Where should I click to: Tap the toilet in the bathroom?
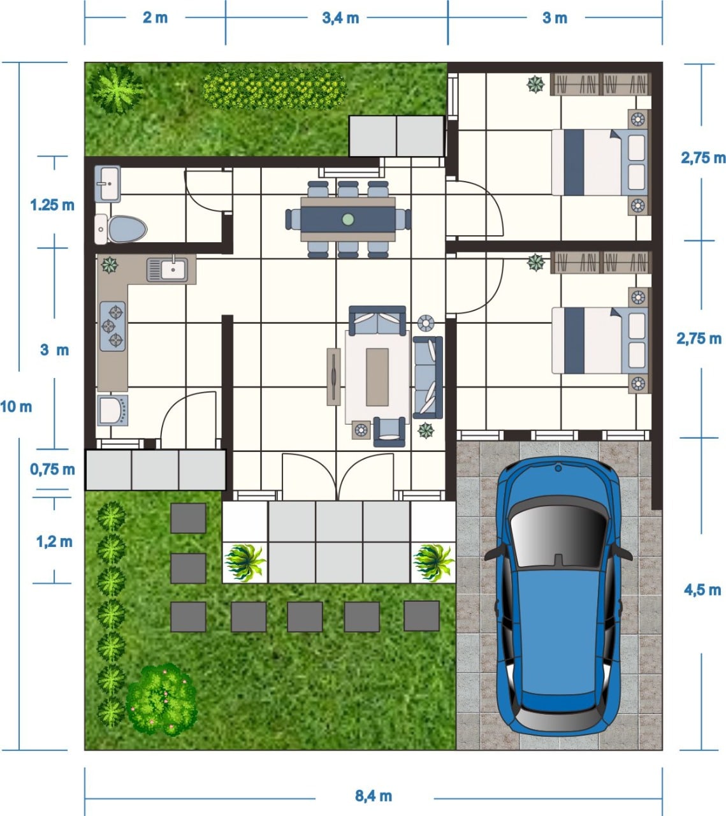coord(120,229)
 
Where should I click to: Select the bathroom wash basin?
coord(108,184)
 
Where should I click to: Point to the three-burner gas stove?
coord(113,326)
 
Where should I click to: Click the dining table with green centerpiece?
coord(348,219)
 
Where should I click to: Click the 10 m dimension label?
coord(16,407)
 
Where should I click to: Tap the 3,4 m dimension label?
coord(340,18)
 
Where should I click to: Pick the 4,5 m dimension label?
coord(702,590)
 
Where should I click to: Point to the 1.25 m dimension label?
coord(52,205)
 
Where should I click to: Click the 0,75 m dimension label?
coord(52,469)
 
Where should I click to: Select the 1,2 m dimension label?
coord(54,542)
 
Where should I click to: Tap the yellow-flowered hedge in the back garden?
coord(274,88)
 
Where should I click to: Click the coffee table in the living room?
coord(377,377)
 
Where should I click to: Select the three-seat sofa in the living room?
coord(428,377)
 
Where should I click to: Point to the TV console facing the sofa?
coord(333,377)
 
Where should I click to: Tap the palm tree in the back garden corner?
coord(116,89)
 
